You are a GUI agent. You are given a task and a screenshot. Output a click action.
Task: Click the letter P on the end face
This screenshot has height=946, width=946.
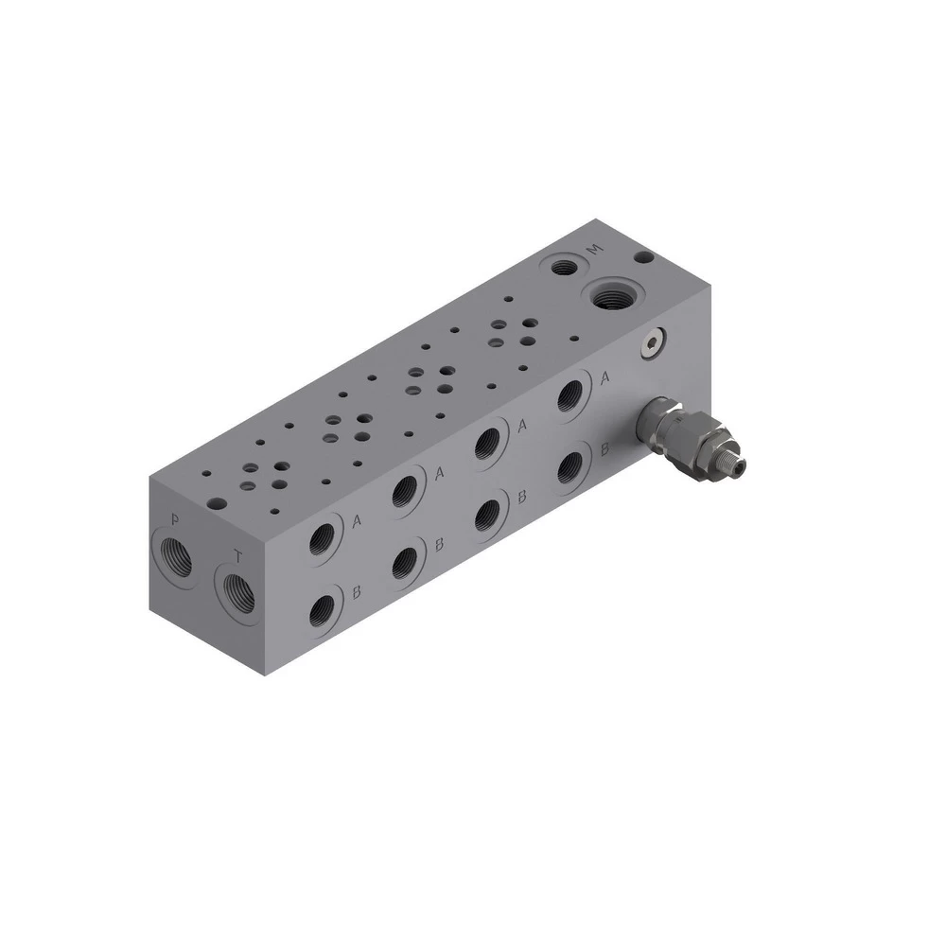pos(175,518)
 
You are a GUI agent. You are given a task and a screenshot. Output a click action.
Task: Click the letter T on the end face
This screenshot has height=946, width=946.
pos(239,556)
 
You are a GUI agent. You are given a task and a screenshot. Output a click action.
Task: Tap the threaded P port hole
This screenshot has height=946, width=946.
pos(177,559)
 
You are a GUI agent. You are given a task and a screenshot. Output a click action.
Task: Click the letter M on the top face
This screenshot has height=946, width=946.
pos(595,249)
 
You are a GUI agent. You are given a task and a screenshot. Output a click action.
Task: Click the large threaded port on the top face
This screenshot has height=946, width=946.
pos(611,296)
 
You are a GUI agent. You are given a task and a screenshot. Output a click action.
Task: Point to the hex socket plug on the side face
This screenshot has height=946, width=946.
pos(654,344)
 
